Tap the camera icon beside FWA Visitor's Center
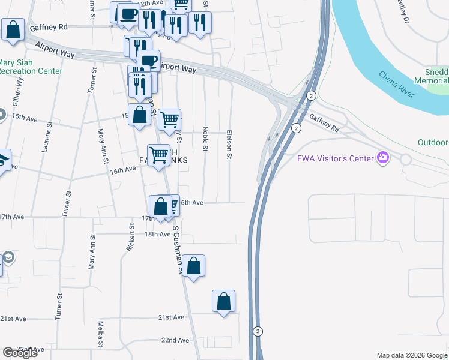[x=382, y=158]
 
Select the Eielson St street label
[x=229, y=144]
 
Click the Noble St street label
[x=205, y=138]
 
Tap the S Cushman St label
[x=177, y=249]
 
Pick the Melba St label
[x=101, y=334]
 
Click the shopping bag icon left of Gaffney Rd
[x=13, y=28]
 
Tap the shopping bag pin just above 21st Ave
[x=223, y=301]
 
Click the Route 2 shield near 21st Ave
[x=258, y=331]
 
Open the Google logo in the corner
[x=20, y=353]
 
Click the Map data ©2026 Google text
[x=412, y=355]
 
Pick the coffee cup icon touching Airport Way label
[x=148, y=60]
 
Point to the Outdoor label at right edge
[x=433, y=142]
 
